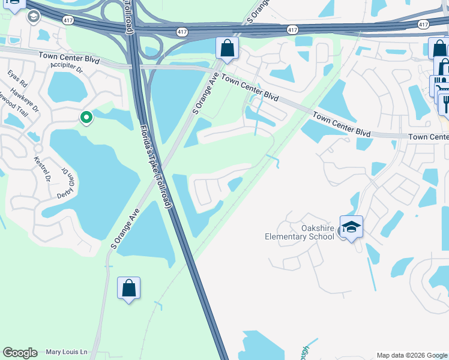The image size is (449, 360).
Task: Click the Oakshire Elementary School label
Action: point(300,232)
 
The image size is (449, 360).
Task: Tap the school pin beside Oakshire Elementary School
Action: point(351,227)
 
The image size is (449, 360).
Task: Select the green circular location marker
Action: point(86,118)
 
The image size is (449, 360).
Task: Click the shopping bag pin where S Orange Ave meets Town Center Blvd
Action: point(228,48)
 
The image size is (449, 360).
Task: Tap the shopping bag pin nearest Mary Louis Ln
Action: point(128,289)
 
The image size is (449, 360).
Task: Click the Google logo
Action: point(20,353)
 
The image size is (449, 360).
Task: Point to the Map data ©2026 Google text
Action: point(411,355)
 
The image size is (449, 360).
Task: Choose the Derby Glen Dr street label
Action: point(68,179)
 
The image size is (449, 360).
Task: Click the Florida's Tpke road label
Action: point(155,167)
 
